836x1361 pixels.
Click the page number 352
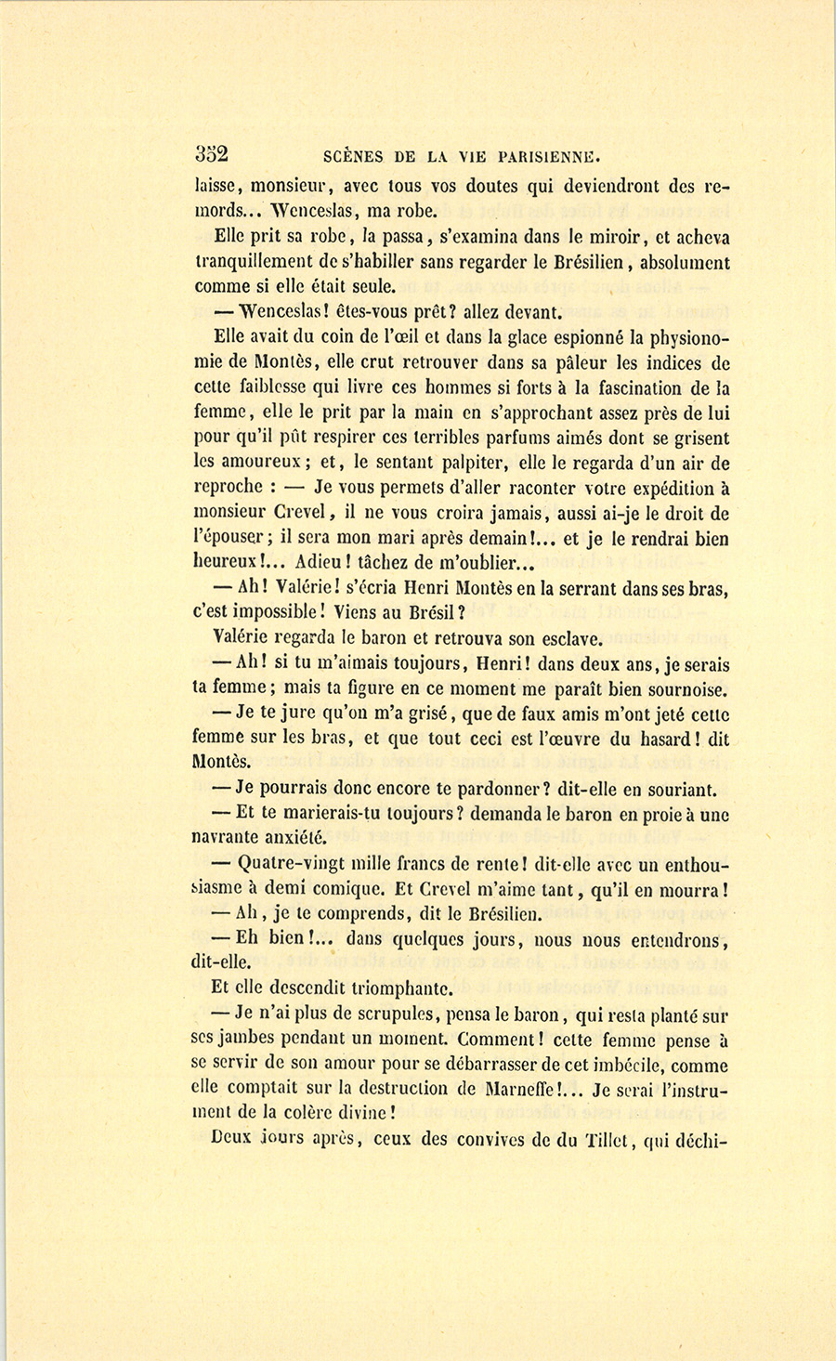point(212,154)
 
